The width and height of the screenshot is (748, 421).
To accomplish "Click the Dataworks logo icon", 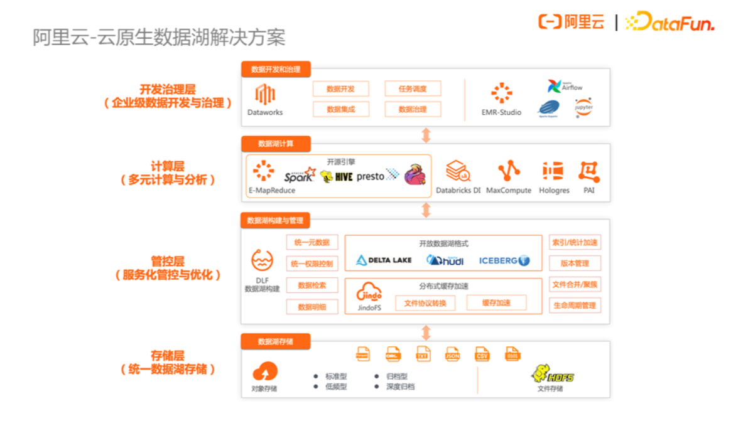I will tap(265, 95).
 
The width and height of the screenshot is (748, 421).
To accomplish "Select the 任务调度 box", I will tap(413, 89).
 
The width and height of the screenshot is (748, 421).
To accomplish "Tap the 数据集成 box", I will tap(341, 109).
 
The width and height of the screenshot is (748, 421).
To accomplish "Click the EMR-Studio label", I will tap(501, 112).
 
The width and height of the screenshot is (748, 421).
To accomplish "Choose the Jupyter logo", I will tap(583, 107).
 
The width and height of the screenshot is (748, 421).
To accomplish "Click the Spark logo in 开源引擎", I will tap(299, 176).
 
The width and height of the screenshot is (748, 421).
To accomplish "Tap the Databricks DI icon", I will tap(458, 171).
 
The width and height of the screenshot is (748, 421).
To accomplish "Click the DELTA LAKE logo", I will tap(384, 260).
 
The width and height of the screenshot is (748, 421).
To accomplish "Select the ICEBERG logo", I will tap(504, 260).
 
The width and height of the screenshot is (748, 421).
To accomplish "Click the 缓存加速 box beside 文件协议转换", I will tap(496, 303).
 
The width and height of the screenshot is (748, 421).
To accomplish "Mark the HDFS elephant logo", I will tap(553, 375).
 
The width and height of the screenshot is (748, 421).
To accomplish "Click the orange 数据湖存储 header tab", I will tap(276, 342).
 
